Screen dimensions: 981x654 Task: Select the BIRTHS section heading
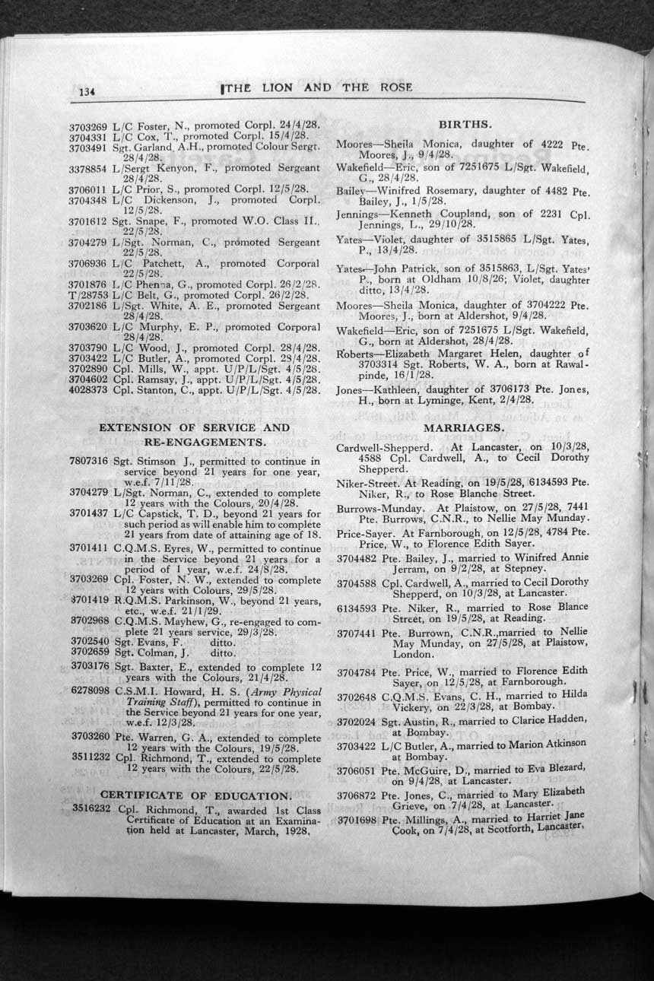tap(465, 123)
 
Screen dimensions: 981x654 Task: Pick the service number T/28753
tap(88, 296)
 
